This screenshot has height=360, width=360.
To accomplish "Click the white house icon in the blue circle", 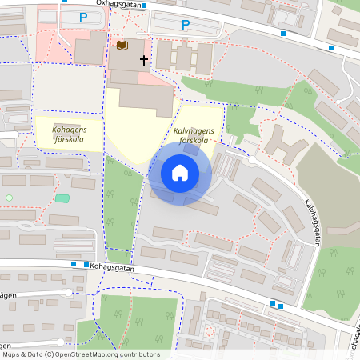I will pos(180,173).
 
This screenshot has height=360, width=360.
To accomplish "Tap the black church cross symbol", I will pos(144,60).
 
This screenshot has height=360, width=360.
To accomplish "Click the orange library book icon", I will pos(122,46).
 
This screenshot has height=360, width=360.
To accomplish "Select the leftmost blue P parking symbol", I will pos(83,18).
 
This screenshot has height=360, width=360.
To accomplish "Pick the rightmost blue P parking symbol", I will pos(186,25).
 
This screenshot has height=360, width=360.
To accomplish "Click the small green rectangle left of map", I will pos(62,198).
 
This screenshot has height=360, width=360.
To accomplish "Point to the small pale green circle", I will pos(9,198).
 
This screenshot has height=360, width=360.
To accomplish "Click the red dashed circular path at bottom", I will pos(210,330).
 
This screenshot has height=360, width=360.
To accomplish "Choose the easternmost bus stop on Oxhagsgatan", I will pos(331,48).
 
